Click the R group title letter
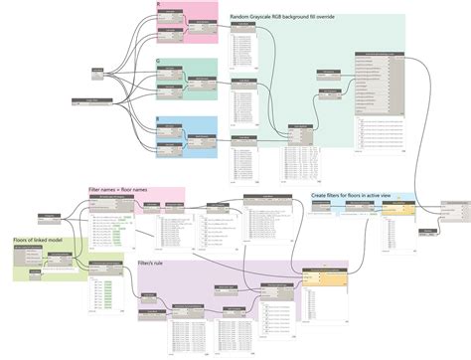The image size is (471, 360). click(x=159, y=5)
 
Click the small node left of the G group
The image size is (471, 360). click(x=97, y=72)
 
